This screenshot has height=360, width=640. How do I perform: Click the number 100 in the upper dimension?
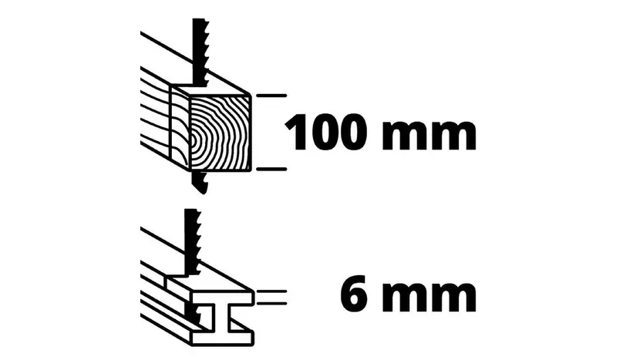point(325,133)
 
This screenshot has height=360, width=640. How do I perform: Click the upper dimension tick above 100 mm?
point(271,96)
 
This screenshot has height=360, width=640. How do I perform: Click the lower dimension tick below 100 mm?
point(271,169)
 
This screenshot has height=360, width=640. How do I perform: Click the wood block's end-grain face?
point(221,133)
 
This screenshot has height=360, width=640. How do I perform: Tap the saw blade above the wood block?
point(200,52)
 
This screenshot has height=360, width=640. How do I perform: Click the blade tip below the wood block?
point(200,183)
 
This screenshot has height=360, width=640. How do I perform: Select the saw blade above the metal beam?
point(193,241)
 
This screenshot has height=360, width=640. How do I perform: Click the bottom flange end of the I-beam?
point(222,336)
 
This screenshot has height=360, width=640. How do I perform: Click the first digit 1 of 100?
point(298,133)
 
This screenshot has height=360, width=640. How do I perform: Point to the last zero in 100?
point(351,133)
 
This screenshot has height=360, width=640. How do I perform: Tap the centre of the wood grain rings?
point(194,140)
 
